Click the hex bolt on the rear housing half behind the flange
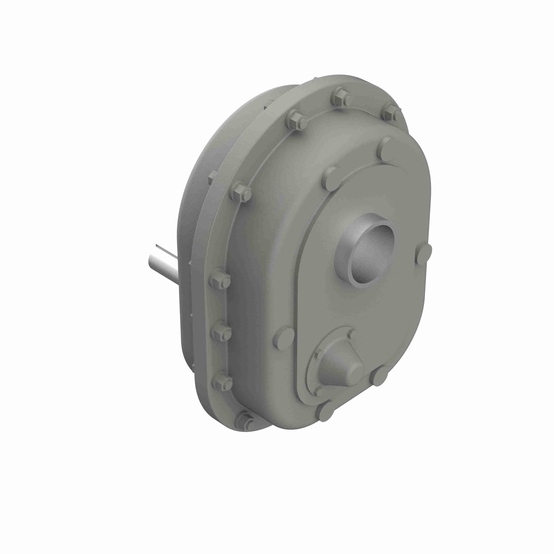tap(212, 176)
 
